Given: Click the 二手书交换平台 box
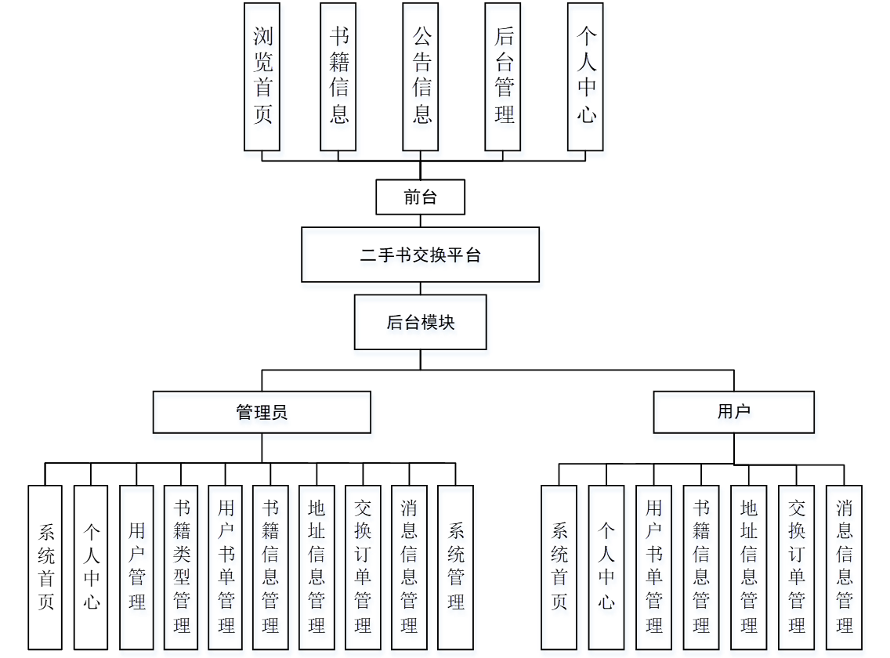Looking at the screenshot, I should coord(420,255).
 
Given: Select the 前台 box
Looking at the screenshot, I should coord(420,197).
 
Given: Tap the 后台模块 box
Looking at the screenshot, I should coord(420,322).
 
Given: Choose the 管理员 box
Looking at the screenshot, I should coord(262,412).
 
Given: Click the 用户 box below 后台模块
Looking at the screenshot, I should coord(733,412).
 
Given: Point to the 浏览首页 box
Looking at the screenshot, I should coord(262,76).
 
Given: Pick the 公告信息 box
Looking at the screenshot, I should coord(421,76).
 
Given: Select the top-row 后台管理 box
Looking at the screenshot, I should coord(503,76).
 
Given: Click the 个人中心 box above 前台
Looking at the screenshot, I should coord(585,76).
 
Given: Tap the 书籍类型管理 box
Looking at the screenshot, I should coord(182,567).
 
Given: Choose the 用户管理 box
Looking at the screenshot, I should coord(137,567).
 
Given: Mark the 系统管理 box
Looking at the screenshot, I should coord(455,567).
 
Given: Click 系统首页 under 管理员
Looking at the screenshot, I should coord(45,567).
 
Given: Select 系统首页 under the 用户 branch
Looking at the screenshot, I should coord(559,567).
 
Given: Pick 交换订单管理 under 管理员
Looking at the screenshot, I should coord(363,567).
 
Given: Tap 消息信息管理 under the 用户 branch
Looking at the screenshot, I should coord(845,567).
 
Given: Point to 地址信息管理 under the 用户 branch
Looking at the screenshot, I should coord(749,567).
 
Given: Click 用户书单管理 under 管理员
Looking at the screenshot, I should coord(226,567).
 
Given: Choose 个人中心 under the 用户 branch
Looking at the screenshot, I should coord(606,567).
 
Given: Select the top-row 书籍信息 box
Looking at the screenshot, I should coord(338,76).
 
